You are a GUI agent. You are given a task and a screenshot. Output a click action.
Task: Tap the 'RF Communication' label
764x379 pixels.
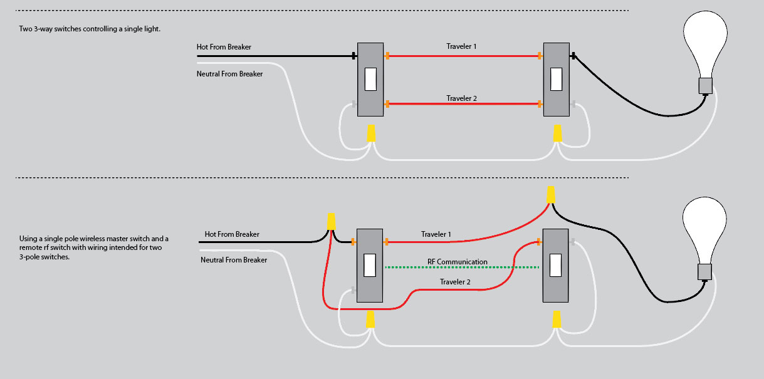pos(462,262)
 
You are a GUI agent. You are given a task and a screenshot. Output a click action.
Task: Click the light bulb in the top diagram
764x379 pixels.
pos(705,44)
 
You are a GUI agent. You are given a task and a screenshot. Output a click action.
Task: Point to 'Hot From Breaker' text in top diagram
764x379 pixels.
pos(224,48)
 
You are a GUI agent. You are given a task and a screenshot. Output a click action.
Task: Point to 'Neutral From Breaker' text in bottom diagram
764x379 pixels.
pos(234,259)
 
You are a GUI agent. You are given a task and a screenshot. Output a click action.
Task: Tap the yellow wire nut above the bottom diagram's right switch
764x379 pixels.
pos(550,194)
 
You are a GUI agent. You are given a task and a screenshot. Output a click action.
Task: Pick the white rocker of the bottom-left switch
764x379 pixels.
pos(370,265)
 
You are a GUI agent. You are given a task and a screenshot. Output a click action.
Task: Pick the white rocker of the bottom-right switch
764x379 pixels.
pos(555,265)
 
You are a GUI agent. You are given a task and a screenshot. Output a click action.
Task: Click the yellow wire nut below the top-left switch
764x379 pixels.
pos(370,133)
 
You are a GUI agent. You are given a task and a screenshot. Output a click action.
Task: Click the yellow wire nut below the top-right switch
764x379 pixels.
pos(557,133)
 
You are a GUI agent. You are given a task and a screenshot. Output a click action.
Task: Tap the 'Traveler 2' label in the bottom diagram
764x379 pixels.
pos(455,282)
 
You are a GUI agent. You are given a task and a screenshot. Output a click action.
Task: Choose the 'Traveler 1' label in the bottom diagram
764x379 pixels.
pos(436,234)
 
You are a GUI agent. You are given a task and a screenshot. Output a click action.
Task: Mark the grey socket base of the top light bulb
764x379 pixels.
pos(706,86)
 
